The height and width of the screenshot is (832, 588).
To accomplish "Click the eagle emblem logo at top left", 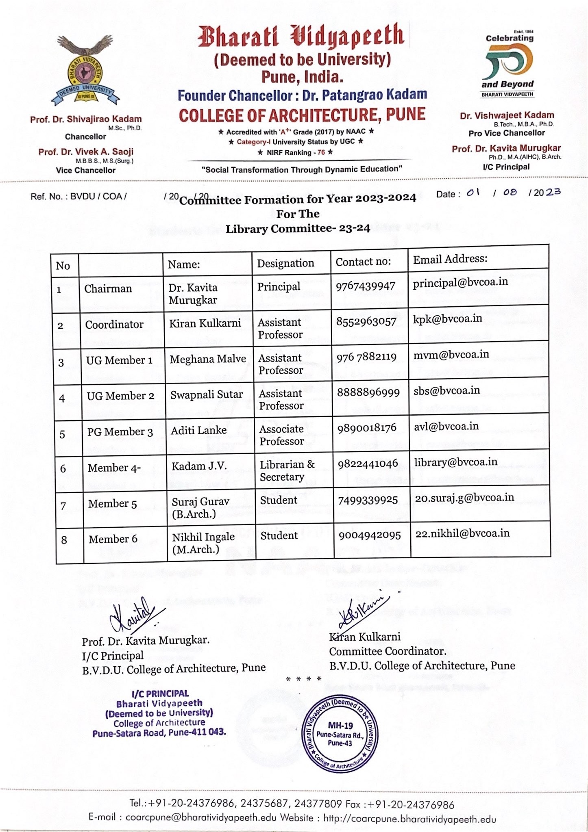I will [85, 70].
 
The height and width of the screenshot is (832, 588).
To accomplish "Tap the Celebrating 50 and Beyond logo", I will [508, 65].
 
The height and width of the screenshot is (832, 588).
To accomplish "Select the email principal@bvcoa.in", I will [460, 282].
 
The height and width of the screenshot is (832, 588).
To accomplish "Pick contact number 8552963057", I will [366, 322].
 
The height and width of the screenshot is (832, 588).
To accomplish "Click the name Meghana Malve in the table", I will [208, 359].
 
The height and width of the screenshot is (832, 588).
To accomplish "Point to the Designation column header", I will [285, 263].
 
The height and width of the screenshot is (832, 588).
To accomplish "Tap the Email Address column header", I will [450, 259].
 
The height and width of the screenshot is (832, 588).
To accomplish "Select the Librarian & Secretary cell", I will [287, 470].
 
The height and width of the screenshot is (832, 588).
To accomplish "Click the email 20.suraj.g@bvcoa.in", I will [464, 498].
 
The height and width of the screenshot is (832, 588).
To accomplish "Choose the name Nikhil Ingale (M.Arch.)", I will [203, 543].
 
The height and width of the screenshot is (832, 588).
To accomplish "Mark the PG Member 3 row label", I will [120, 432].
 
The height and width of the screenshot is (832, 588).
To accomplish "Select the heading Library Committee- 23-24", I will [298, 229].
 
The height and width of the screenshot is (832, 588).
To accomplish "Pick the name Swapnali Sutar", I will [206, 394].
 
